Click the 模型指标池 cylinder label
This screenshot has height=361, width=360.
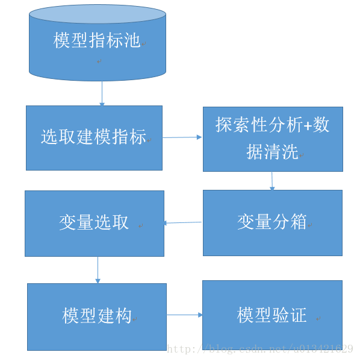96,41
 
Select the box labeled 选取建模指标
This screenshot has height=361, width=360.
94,137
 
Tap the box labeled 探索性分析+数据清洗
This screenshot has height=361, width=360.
273,139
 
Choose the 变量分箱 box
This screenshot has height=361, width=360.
272,222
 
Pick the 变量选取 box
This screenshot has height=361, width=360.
94,222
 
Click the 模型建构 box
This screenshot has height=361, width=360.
97,316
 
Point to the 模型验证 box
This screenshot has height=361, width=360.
272,315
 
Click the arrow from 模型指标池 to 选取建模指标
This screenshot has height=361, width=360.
102,93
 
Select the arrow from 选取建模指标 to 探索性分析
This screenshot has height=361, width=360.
182,137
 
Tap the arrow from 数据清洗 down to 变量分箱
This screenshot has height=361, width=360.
272,181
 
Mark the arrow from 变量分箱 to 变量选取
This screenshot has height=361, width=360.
183,223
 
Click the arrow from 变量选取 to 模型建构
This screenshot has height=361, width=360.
98,269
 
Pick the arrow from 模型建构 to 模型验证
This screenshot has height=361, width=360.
184,315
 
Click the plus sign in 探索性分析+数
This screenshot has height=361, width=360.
307,125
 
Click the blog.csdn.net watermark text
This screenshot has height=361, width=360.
259,349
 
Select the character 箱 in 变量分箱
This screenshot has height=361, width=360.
298,222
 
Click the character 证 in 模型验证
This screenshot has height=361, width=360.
298,315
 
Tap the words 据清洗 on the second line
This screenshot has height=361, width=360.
272,152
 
